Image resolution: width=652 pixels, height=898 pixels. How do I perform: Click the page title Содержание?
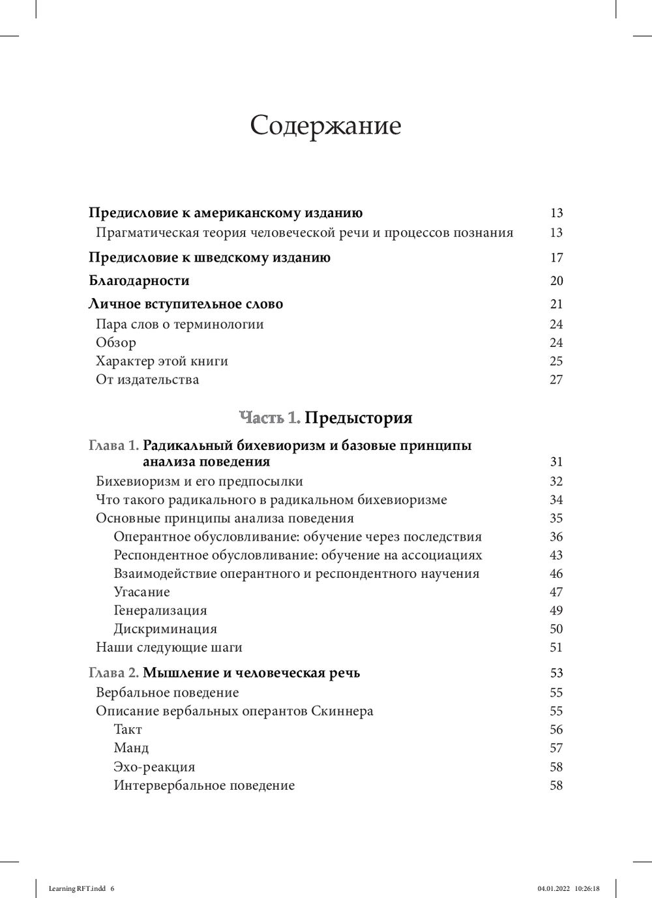pyautogui.click(x=325, y=125)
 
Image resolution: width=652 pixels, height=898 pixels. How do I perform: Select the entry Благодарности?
pyautogui.click(x=139, y=281)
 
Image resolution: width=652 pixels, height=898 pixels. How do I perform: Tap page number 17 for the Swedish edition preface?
pyautogui.click(x=556, y=258)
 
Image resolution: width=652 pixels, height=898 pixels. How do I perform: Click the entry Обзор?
pyautogui.click(x=116, y=343)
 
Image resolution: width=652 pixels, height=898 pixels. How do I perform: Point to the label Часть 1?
pyautogui.click(x=270, y=417)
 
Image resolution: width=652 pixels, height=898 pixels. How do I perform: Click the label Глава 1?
pyautogui.click(x=113, y=446)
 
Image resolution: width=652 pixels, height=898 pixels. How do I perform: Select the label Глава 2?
pyautogui.click(x=113, y=673)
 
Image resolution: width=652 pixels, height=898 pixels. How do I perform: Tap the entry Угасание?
pyautogui.click(x=141, y=592)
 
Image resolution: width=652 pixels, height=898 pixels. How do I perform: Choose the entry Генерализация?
pyautogui.click(x=160, y=611)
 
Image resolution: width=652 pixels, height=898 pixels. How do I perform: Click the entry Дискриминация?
pyautogui.click(x=165, y=629)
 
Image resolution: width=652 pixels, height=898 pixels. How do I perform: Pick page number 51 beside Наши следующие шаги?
pyautogui.click(x=556, y=648)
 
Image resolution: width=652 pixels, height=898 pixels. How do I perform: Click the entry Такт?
pyautogui.click(x=128, y=730)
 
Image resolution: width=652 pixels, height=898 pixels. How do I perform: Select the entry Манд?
pyautogui.click(x=131, y=748)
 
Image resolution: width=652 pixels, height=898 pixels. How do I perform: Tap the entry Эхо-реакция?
pyautogui.click(x=155, y=767)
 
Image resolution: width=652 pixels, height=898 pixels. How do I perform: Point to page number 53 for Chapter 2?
pyautogui.click(x=556, y=673)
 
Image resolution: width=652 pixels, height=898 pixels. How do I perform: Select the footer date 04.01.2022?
pyautogui.click(x=552, y=888)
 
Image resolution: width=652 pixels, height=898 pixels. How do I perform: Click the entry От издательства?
pyautogui.click(x=147, y=380)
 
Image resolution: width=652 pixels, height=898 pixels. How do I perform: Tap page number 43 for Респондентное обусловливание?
pyautogui.click(x=556, y=556)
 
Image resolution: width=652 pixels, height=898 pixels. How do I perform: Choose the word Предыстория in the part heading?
pyautogui.click(x=359, y=417)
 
